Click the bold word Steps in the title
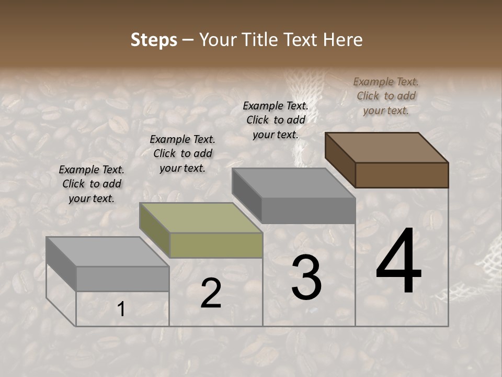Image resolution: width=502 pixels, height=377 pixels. tap(154, 40)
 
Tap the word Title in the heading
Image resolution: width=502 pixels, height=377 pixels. tap(262, 40)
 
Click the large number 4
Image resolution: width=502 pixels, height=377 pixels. tap(398, 261)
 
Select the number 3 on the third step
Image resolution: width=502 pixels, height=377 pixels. tap(306, 278)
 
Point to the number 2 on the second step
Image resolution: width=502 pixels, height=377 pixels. tap(211, 293)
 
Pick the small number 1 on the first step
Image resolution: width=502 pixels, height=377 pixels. tap(121, 309)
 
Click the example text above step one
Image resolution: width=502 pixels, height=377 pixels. tap(92, 184)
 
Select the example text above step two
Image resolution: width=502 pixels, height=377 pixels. tap(182, 153)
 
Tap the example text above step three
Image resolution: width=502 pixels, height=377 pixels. tap(276, 120)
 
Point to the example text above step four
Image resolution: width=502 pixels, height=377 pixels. tap(386, 96)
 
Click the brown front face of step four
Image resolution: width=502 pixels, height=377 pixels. tap(402, 175)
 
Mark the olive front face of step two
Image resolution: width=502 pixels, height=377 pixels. tap(216, 245)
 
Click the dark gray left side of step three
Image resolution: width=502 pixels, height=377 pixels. tap(246, 195)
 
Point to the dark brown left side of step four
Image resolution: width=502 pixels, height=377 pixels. tap(340, 159)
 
